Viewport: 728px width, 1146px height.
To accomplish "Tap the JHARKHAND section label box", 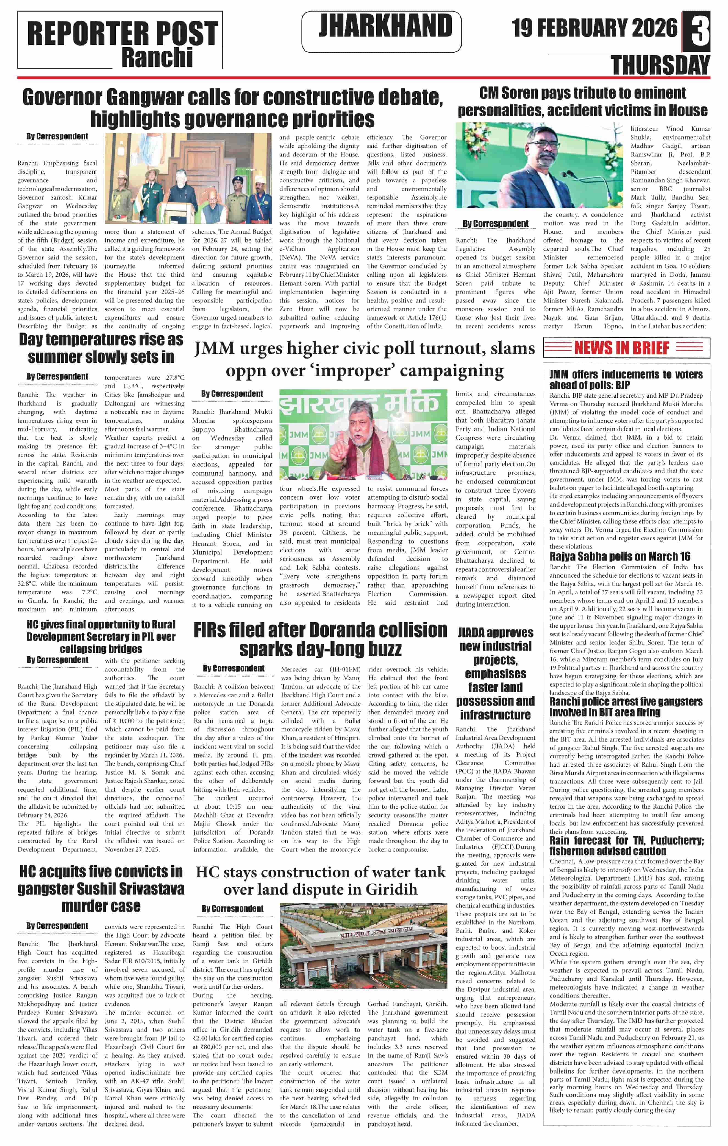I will coord(381,31).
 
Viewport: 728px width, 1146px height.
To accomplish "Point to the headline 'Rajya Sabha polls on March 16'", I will coord(619,556).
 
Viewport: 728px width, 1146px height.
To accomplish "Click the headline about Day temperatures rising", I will coord(101,348).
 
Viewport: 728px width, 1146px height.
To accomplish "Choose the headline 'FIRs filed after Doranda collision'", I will coord(320,639).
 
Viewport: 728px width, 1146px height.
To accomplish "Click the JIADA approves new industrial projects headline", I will coord(495,673).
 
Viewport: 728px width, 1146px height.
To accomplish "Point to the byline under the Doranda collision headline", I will coord(233,668).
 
